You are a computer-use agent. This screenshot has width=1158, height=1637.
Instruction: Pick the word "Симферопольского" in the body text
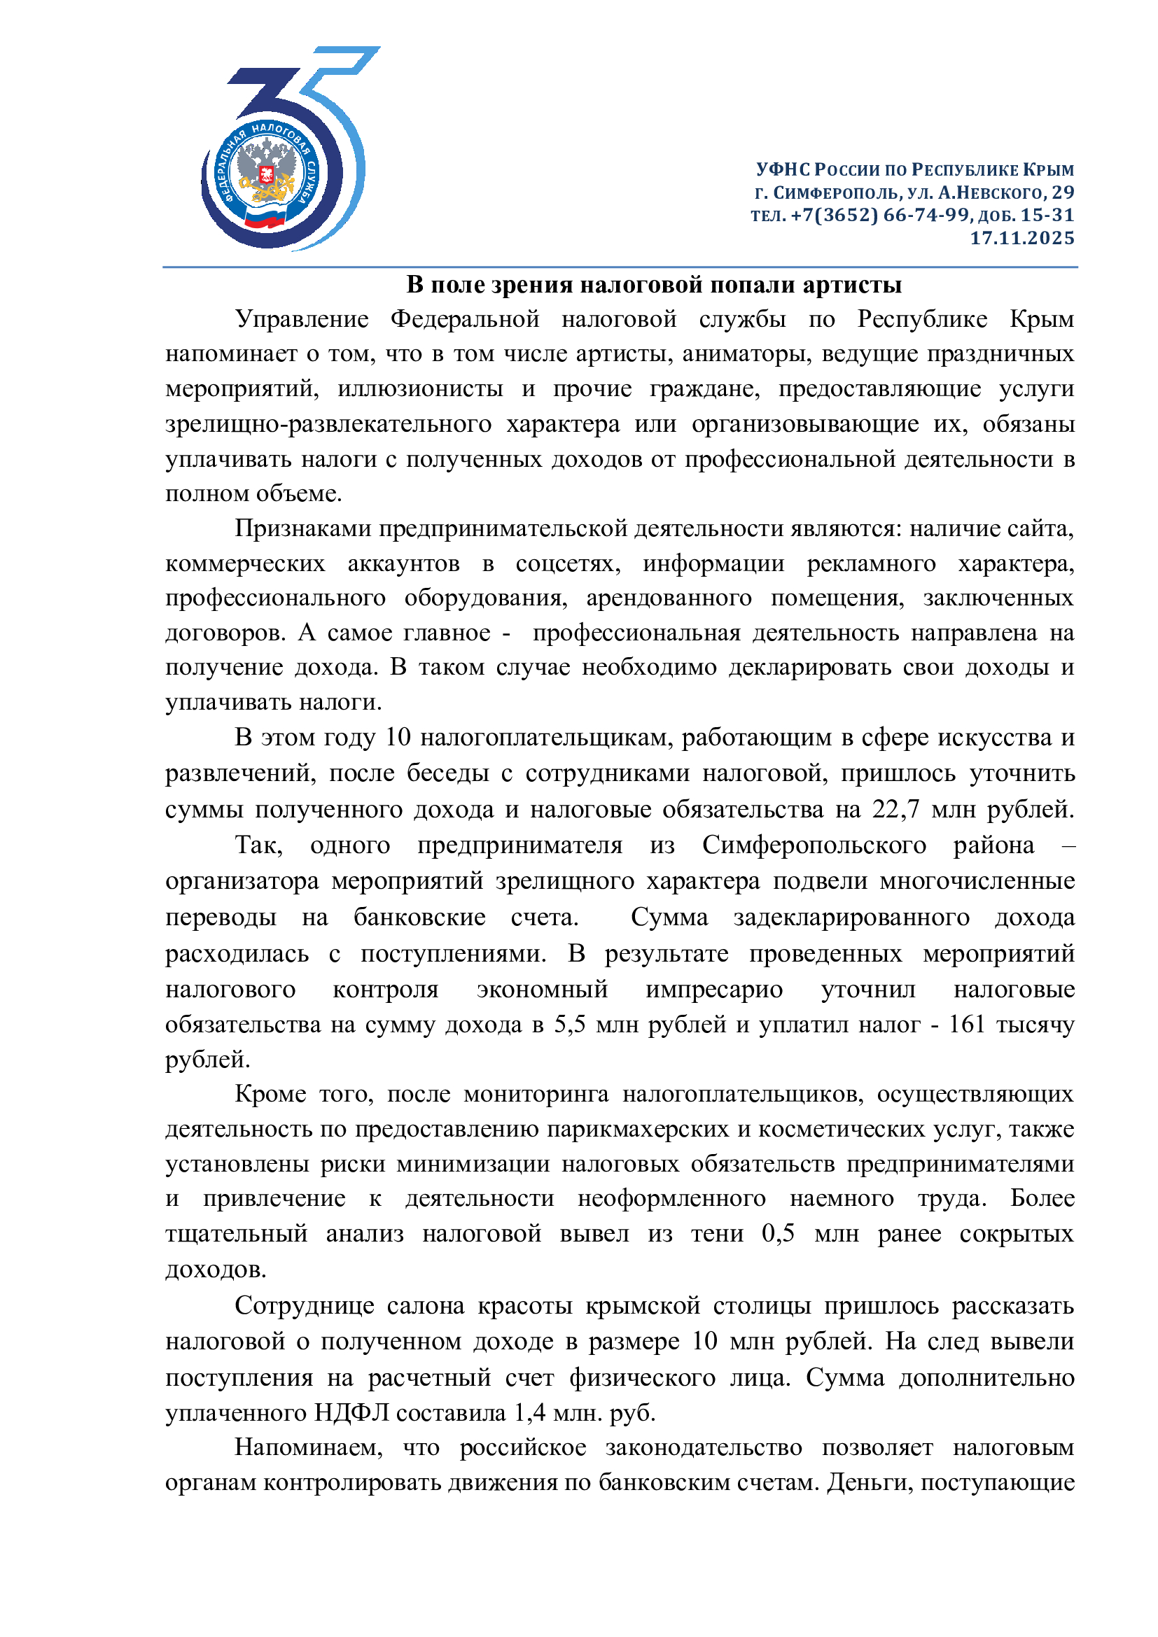pos(814,845)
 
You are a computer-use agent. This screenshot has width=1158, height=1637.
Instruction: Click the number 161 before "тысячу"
pos(966,1025)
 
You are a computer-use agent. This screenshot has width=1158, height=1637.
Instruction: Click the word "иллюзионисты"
pos(420,388)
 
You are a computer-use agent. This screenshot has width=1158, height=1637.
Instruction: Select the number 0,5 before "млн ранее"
pos(778,1233)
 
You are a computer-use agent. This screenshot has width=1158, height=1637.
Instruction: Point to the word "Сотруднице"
pos(305,1305)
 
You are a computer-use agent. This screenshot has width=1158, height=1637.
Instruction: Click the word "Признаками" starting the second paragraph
pos(304,528)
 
